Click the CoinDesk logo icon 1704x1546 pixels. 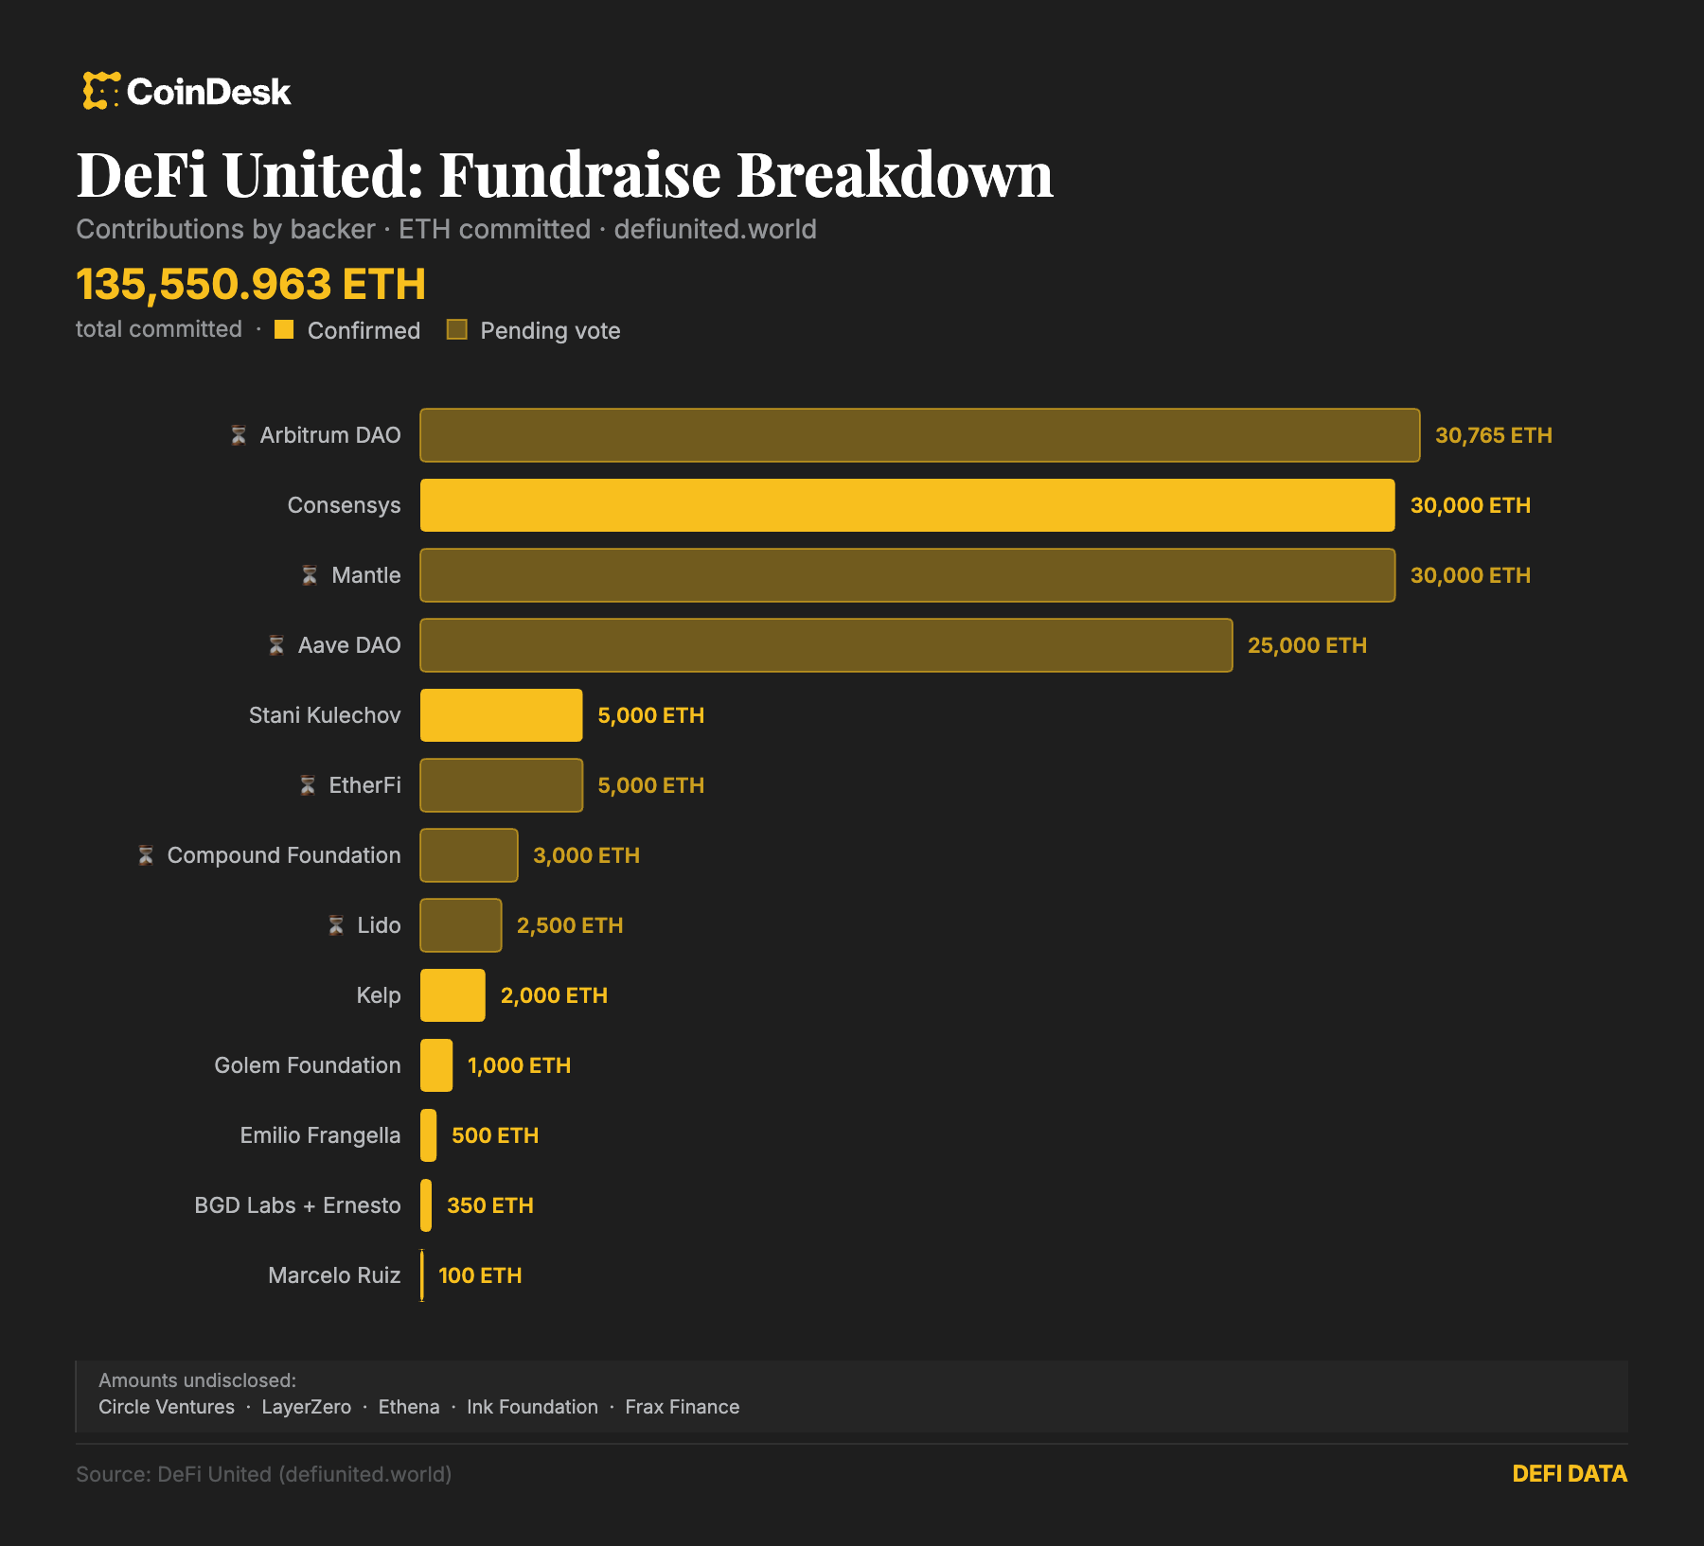pyautogui.click(x=100, y=91)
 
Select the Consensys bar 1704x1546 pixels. pyautogui.click(x=907, y=505)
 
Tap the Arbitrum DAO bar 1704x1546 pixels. pyautogui.click(x=919, y=435)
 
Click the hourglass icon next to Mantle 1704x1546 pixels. pyautogui.click(x=310, y=575)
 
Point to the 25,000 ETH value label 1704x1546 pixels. pyautogui.click(x=1306, y=645)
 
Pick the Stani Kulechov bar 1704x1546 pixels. pyautogui.click(x=501, y=715)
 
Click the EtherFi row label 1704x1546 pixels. pyautogui.click(x=364, y=785)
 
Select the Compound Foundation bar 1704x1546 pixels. pyautogui.click(x=469, y=855)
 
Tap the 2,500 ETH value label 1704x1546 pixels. pyautogui.click(x=569, y=925)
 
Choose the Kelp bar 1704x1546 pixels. pyautogui.click(x=453, y=995)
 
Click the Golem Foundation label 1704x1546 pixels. pyautogui.click(x=307, y=1065)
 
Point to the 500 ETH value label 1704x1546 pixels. pyautogui.click(x=494, y=1135)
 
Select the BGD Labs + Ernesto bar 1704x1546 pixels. pyautogui.click(x=426, y=1205)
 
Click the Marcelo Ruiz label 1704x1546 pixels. pyautogui.click(x=334, y=1275)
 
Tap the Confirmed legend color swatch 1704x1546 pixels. pyautogui.click(x=284, y=329)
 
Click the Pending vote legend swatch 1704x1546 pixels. pyautogui.click(x=457, y=329)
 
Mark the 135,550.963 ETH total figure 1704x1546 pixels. pyautogui.click(x=251, y=284)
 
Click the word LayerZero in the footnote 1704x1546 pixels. pyautogui.click(x=306, y=1407)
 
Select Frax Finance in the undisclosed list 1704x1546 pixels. pyautogui.click(x=682, y=1407)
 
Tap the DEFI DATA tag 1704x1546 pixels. pyautogui.click(x=1569, y=1473)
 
